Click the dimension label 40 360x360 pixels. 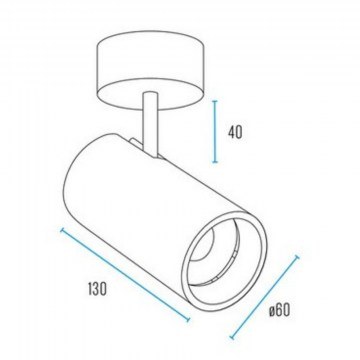point(235,132)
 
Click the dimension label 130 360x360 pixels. point(98,289)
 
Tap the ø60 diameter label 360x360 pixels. point(280,311)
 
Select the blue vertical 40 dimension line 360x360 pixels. point(215,132)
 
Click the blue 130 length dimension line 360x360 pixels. point(125,274)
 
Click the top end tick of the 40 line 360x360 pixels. point(215,101)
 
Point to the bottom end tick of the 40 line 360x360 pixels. point(215,163)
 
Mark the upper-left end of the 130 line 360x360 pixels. point(61,230)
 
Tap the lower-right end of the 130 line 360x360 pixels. point(188,320)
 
